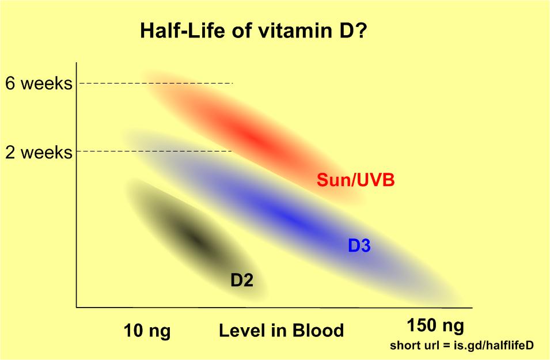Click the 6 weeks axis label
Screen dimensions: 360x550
click(x=39, y=84)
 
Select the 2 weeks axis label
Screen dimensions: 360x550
click(x=39, y=153)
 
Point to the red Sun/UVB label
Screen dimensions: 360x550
click(x=355, y=180)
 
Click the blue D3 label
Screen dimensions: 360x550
click(x=359, y=246)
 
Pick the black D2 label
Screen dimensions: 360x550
click(x=242, y=280)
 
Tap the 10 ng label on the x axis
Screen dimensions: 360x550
click(x=147, y=331)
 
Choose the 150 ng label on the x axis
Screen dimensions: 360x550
click(x=435, y=326)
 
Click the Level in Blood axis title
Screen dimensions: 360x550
click(x=281, y=331)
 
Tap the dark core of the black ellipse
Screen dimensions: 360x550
click(x=195, y=238)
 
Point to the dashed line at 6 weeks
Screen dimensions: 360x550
click(x=155, y=84)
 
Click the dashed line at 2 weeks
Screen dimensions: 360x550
click(x=155, y=151)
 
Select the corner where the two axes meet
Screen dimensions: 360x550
click(x=77, y=307)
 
